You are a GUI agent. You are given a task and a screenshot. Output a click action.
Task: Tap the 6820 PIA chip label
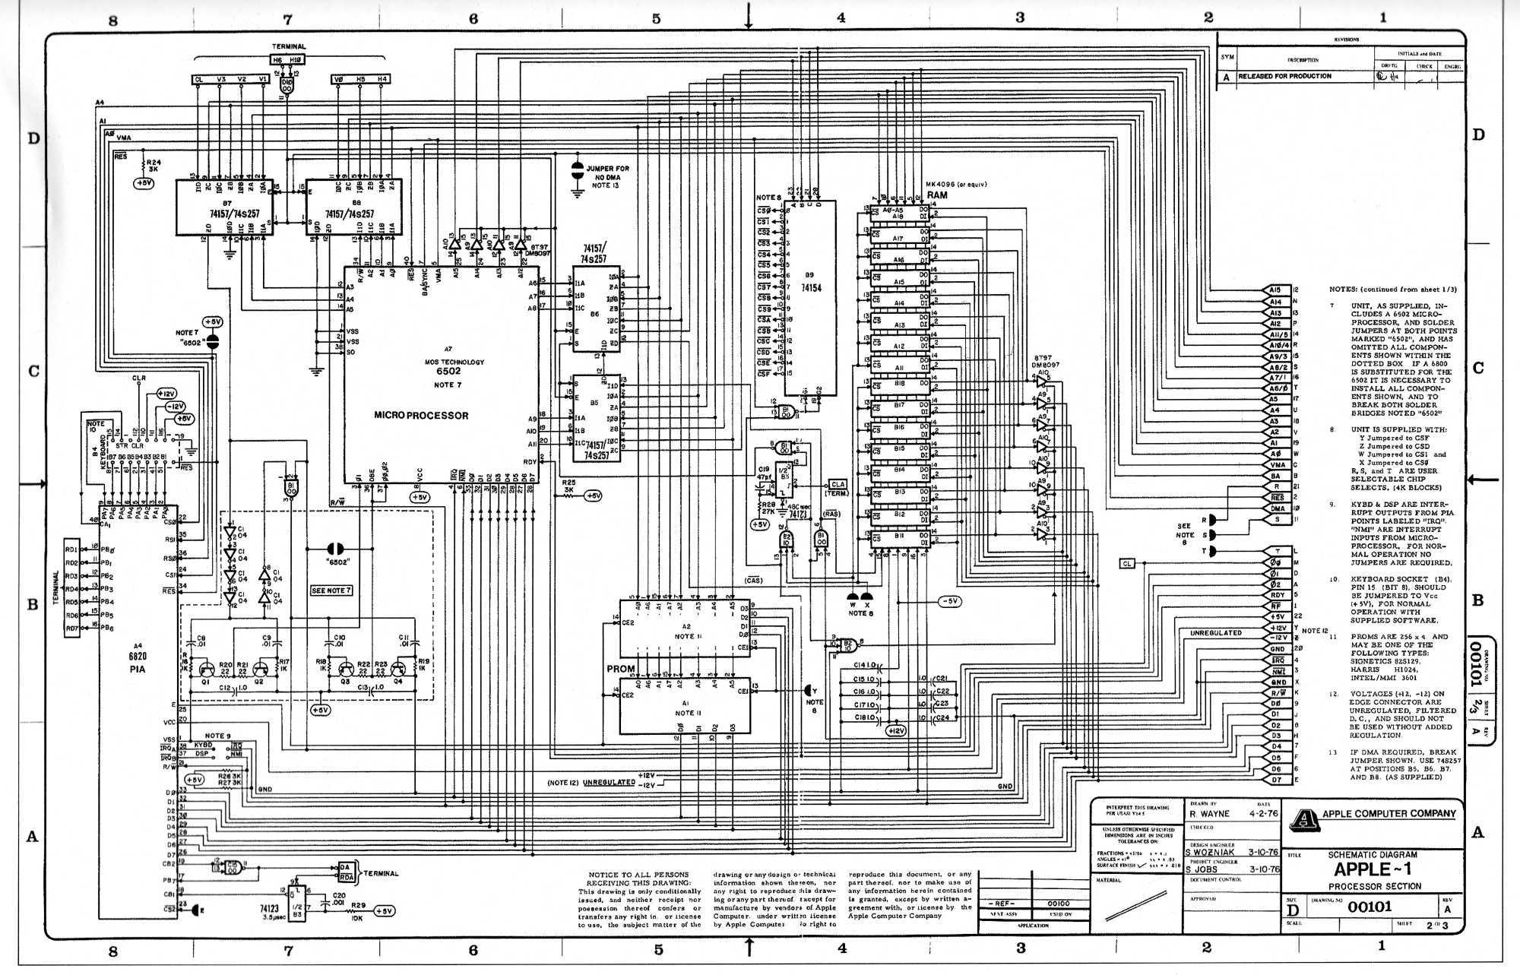138,662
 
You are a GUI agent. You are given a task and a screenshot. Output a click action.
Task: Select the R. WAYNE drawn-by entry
1209,814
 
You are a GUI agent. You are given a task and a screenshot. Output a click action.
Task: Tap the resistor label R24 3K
154,166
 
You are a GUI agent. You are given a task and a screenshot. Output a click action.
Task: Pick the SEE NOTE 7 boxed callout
331,590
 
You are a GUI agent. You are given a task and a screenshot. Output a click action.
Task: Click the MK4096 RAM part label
955,185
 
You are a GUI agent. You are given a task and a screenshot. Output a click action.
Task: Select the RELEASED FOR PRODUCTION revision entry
1284,76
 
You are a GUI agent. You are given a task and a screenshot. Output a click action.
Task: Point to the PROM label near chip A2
620,669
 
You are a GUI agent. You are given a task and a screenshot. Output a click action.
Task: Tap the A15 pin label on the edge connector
1275,290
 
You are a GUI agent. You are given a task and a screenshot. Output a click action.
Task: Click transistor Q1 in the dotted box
206,670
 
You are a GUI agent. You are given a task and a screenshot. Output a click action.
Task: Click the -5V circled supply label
949,601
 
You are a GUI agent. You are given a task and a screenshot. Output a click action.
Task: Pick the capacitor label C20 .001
338,899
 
